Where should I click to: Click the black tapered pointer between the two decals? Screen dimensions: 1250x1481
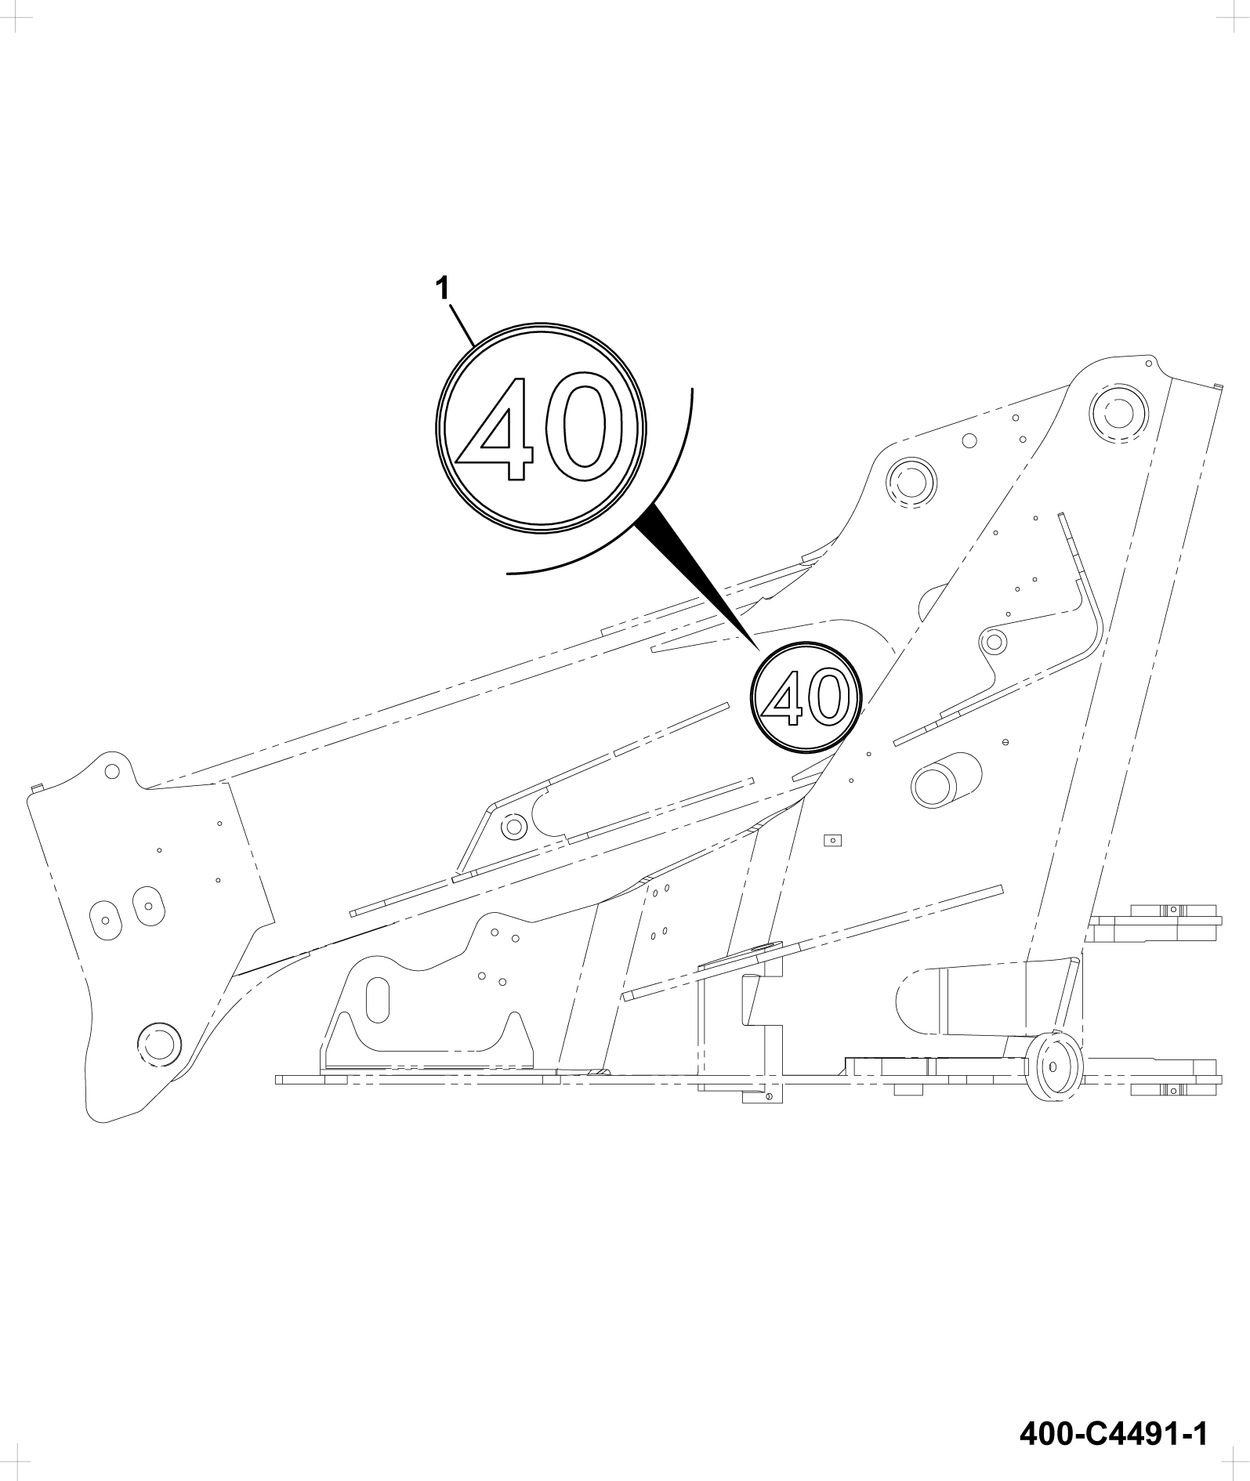(697, 576)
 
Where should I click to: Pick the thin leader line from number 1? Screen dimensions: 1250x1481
(462, 324)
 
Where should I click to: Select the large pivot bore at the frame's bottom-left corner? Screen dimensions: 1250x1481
(159, 1043)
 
